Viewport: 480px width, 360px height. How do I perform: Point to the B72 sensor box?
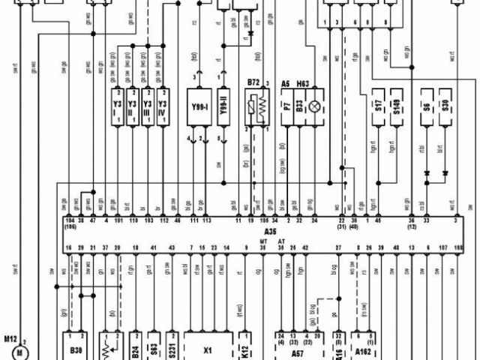pos(256,108)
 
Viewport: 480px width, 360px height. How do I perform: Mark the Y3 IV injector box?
pos(163,109)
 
